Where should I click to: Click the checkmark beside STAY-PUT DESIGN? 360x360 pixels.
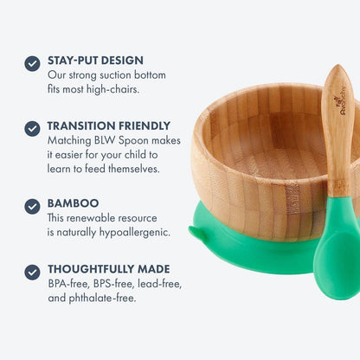pos(32,63)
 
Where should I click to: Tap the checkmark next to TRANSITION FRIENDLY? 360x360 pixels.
pos(32,128)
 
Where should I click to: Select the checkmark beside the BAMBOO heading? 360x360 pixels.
pos(32,206)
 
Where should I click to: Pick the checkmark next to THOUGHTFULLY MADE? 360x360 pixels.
pos(32,271)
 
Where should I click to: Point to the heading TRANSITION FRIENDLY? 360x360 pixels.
pos(109,125)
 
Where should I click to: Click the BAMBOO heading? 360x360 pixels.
pos(74,203)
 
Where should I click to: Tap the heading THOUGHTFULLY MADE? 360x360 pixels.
pos(109,268)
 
